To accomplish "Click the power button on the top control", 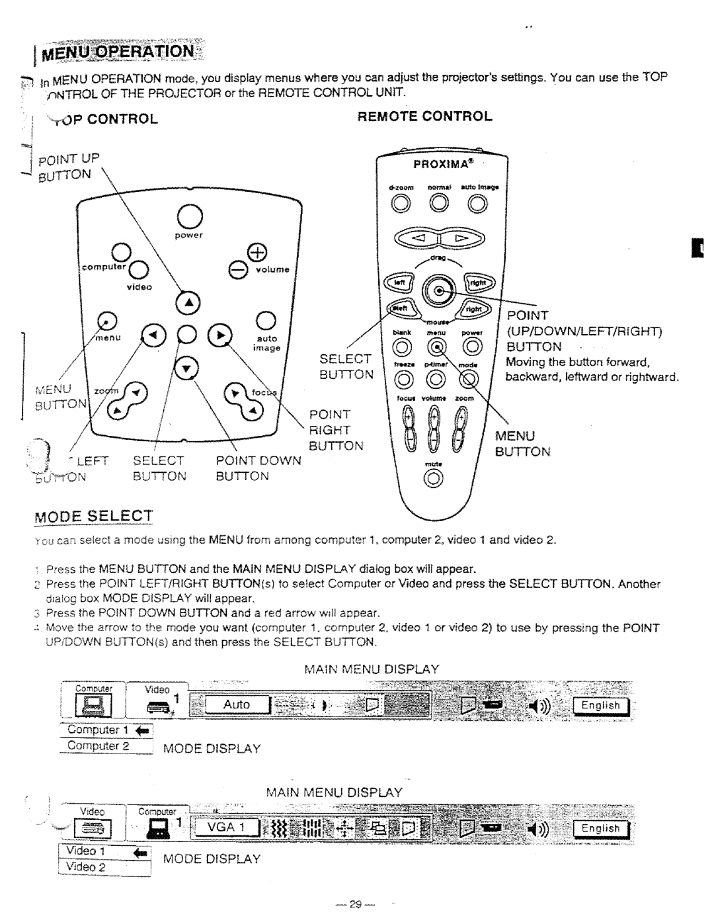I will click(x=189, y=214).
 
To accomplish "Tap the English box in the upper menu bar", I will click(x=601, y=706).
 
